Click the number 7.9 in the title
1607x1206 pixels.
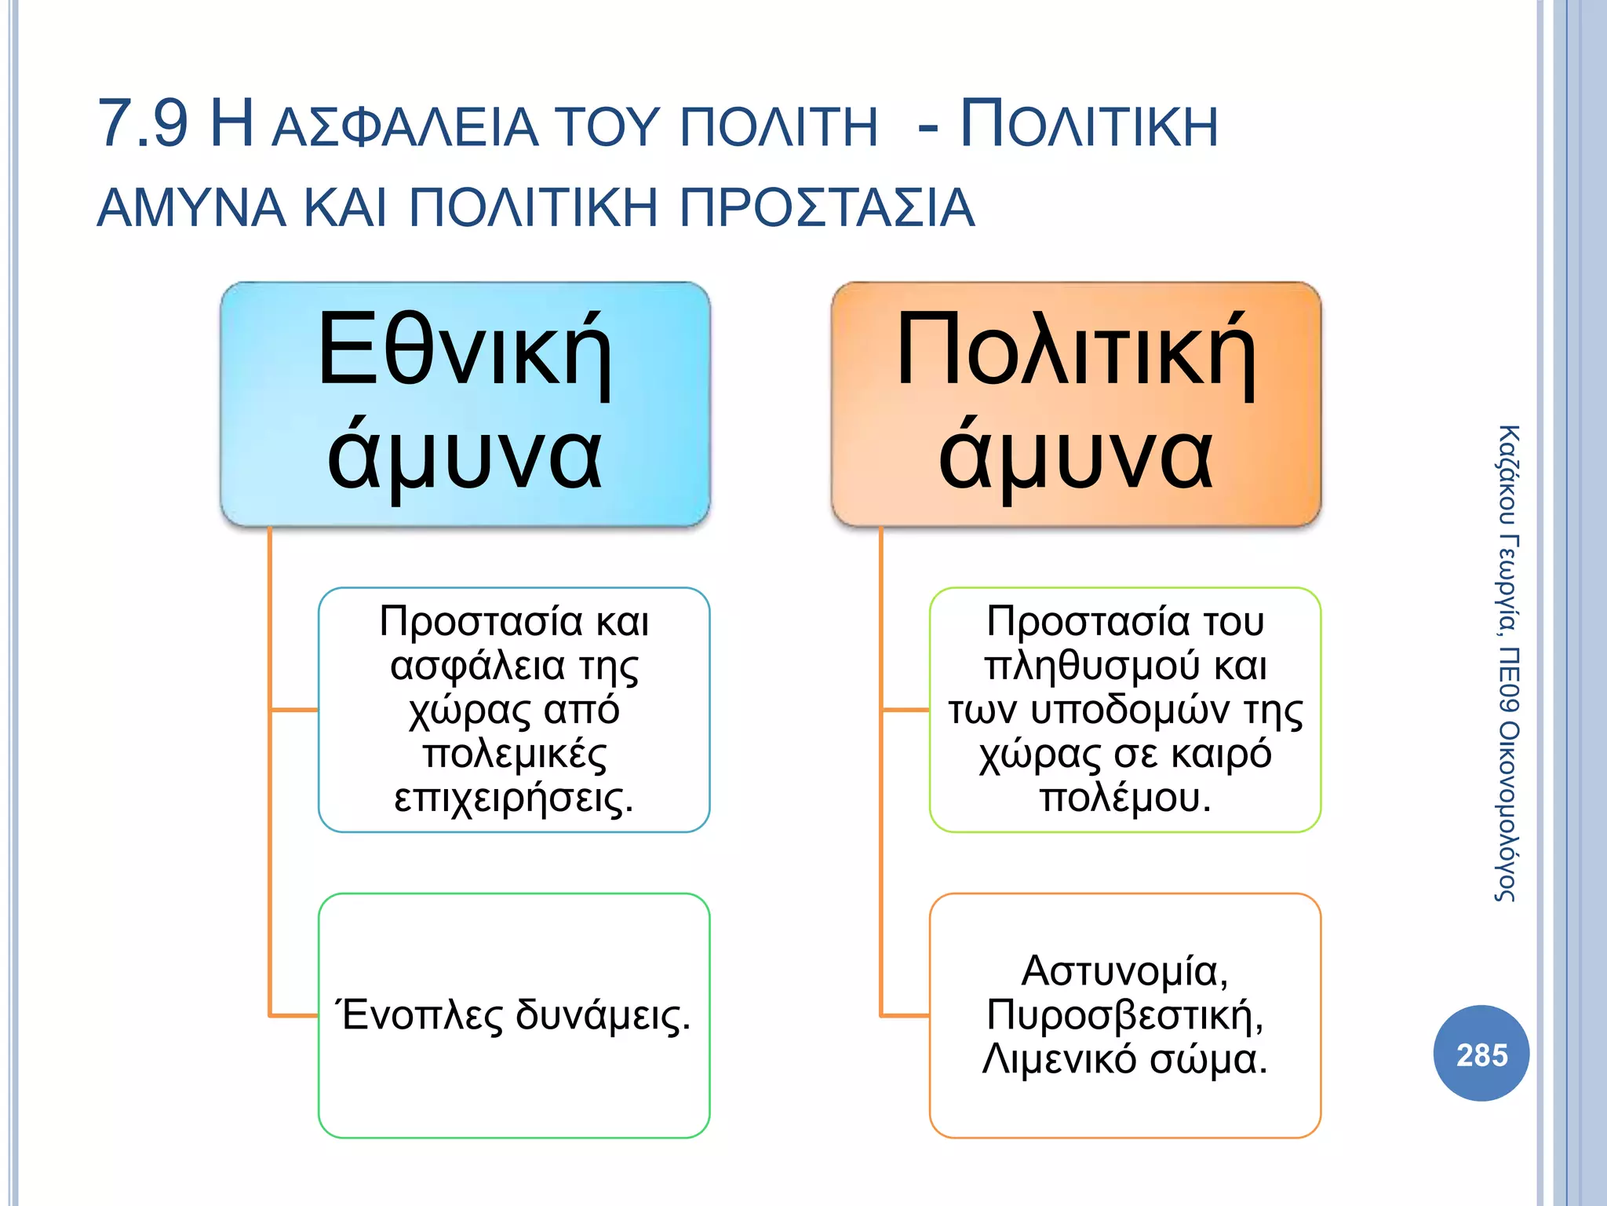(x=143, y=124)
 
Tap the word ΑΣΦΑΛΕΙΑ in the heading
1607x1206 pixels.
(x=404, y=128)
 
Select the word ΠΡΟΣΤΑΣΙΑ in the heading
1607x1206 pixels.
(x=826, y=208)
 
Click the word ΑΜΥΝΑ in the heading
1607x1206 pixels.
(x=191, y=208)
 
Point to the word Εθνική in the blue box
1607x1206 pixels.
(x=465, y=350)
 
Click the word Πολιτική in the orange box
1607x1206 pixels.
(x=1076, y=350)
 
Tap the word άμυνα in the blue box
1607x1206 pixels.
(x=465, y=455)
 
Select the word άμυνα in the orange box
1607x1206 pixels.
(x=1076, y=455)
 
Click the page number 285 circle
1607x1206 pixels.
(x=1481, y=1054)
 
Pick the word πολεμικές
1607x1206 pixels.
(x=515, y=754)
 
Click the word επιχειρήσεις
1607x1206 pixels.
(x=513, y=798)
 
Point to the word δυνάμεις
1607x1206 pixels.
(x=603, y=1014)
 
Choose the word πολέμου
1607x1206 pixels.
(x=1125, y=798)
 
